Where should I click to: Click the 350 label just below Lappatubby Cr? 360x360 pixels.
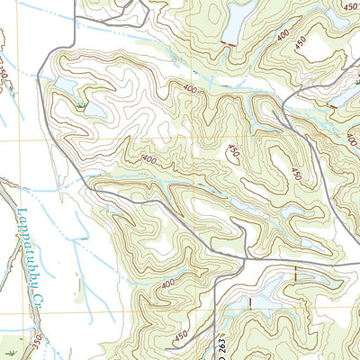tap(37, 343)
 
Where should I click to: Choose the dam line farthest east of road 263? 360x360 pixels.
tap(294, 273)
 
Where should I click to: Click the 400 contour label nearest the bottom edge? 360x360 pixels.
tap(166, 285)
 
